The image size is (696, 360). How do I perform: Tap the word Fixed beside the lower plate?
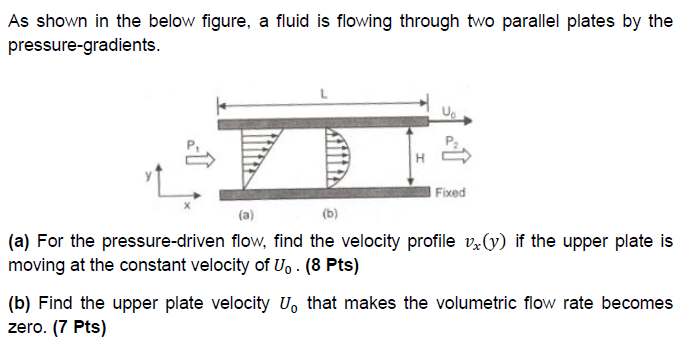[451, 191]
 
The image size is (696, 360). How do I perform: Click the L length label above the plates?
[321, 91]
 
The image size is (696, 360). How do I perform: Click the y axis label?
[149, 174]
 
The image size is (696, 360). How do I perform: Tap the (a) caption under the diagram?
[246, 214]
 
